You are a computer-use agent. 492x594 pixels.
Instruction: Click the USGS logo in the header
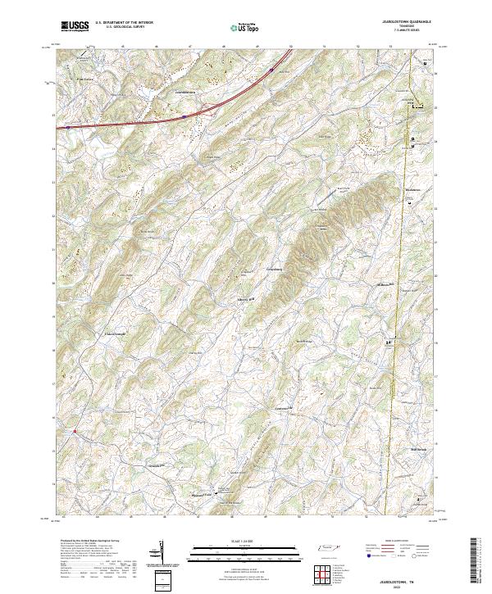pyautogui.click(x=75, y=27)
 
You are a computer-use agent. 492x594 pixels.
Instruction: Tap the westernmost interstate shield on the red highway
pyautogui.click(x=69, y=127)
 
